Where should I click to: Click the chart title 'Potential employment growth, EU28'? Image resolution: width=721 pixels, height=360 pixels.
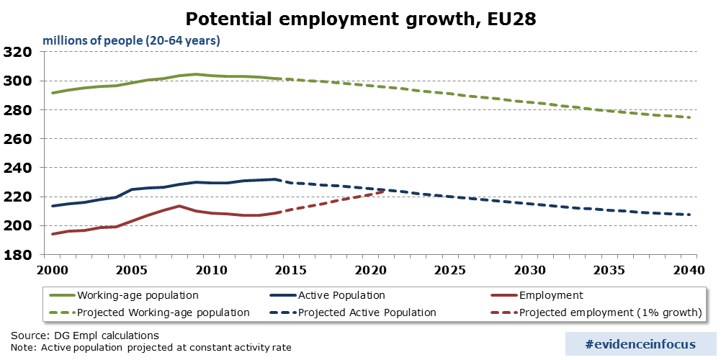(360, 18)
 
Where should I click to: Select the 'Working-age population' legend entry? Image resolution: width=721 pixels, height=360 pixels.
(138, 295)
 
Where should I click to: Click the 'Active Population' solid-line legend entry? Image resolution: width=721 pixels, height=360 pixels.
(341, 295)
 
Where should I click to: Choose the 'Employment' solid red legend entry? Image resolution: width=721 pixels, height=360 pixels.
(551, 295)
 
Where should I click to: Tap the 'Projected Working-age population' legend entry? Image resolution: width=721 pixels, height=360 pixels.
(163, 312)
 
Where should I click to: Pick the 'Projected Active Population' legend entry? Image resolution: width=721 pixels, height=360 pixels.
(367, 312)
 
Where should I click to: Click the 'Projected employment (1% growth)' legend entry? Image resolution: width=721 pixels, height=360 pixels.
(610, 312)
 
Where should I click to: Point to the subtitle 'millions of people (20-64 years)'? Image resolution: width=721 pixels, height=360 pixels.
(131, 40)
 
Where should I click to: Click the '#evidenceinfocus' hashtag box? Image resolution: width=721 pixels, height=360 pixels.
(640, 344)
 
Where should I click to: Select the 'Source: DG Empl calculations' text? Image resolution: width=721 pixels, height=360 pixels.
(85, 336)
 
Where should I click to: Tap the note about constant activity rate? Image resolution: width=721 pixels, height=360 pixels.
(151, 348)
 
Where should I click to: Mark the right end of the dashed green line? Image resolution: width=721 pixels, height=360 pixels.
(690, 117)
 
